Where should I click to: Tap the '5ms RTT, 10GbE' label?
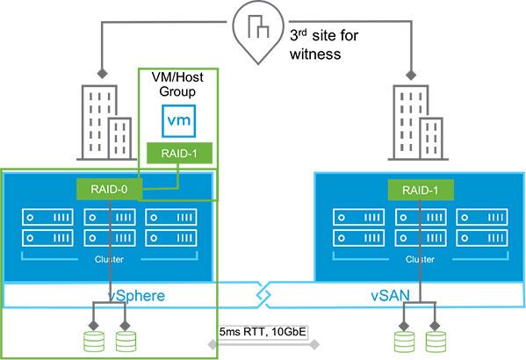coord(263,333)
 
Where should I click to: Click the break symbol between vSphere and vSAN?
coord(263,297)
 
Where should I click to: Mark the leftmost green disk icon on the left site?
coord(92,339)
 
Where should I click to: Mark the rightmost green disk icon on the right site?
coord(432,339)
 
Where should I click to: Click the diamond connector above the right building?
coord(412,68)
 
